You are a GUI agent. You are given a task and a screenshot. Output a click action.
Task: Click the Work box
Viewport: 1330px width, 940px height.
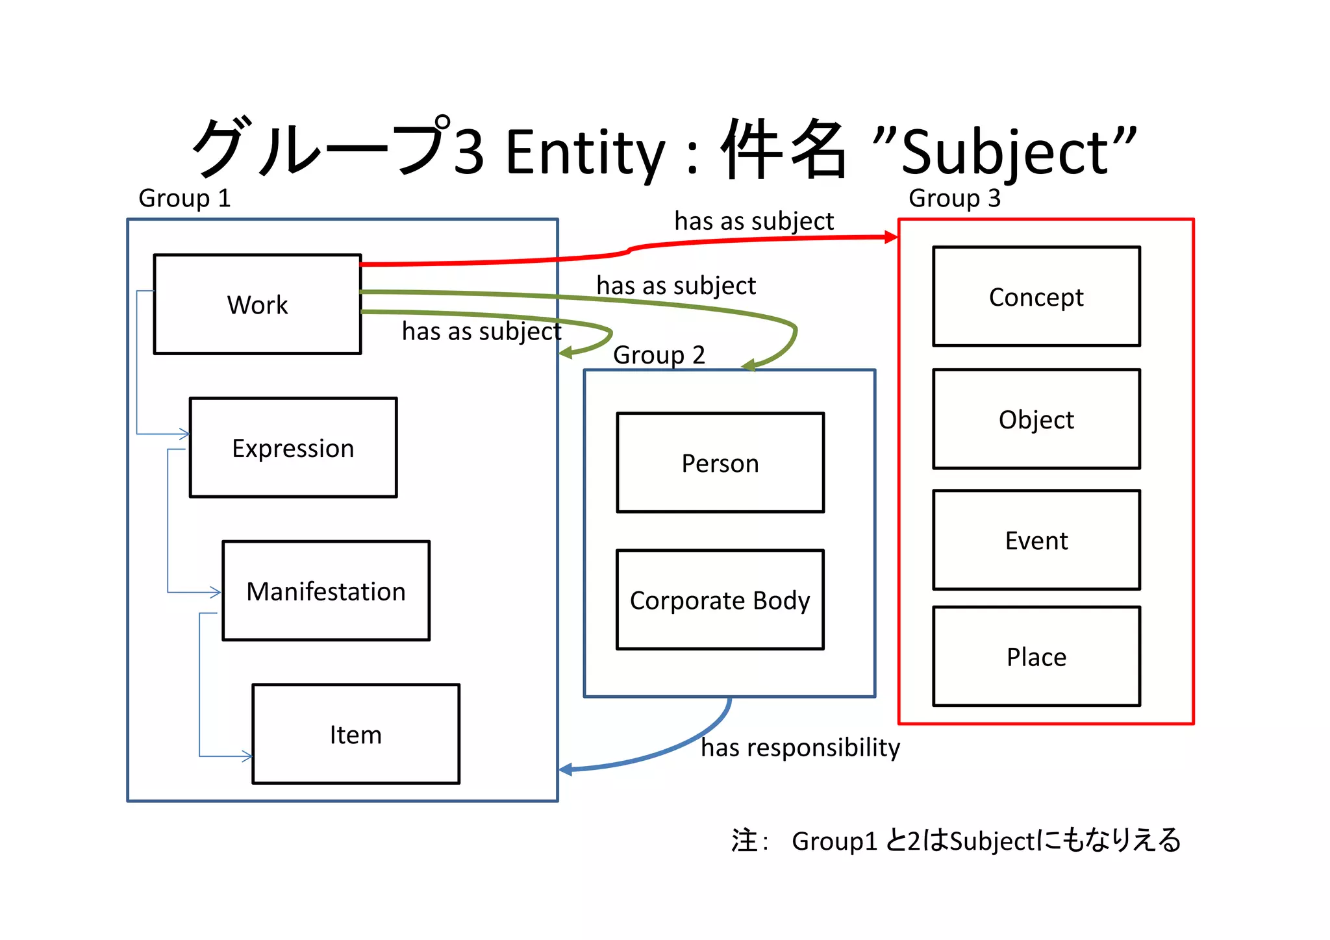(257, 304)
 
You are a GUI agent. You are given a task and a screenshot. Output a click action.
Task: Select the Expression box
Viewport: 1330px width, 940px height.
(293, 447)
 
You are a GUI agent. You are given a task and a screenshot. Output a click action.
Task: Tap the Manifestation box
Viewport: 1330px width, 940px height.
(325, 591)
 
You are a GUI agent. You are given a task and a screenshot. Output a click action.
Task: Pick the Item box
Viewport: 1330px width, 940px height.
(355, 734)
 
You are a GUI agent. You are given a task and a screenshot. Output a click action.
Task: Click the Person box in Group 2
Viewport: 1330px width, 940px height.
(720, 462)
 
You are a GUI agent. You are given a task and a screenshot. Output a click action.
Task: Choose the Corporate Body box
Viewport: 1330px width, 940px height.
(720, 599)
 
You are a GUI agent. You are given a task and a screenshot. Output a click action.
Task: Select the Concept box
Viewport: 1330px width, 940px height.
(1036, 296)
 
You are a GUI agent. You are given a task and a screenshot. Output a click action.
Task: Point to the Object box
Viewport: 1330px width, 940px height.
(1036, 419)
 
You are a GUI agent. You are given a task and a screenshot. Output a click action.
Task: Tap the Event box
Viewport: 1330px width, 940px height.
(1036, 539)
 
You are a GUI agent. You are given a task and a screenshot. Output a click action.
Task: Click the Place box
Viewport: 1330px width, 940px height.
(1036, 656)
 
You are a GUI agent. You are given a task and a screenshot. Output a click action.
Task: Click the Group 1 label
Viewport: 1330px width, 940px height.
(184, 198)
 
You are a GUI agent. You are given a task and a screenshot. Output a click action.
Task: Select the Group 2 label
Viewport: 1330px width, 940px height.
(659, 355)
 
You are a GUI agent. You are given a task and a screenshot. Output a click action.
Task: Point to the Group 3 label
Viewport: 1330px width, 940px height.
(954, 198)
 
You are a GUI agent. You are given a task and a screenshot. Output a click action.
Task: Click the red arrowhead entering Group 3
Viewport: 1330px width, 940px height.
(892, 238)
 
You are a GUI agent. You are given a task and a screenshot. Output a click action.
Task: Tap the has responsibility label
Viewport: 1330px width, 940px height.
(800, 747)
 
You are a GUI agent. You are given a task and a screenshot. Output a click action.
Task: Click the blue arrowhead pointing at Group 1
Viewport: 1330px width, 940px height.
(566, 769)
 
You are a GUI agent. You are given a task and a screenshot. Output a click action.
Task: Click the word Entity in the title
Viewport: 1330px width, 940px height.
(585, 153)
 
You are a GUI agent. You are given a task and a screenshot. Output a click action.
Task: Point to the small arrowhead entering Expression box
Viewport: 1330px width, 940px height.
(185, 434)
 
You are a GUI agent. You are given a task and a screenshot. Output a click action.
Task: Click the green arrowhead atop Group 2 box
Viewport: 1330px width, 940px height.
(749, 365)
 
